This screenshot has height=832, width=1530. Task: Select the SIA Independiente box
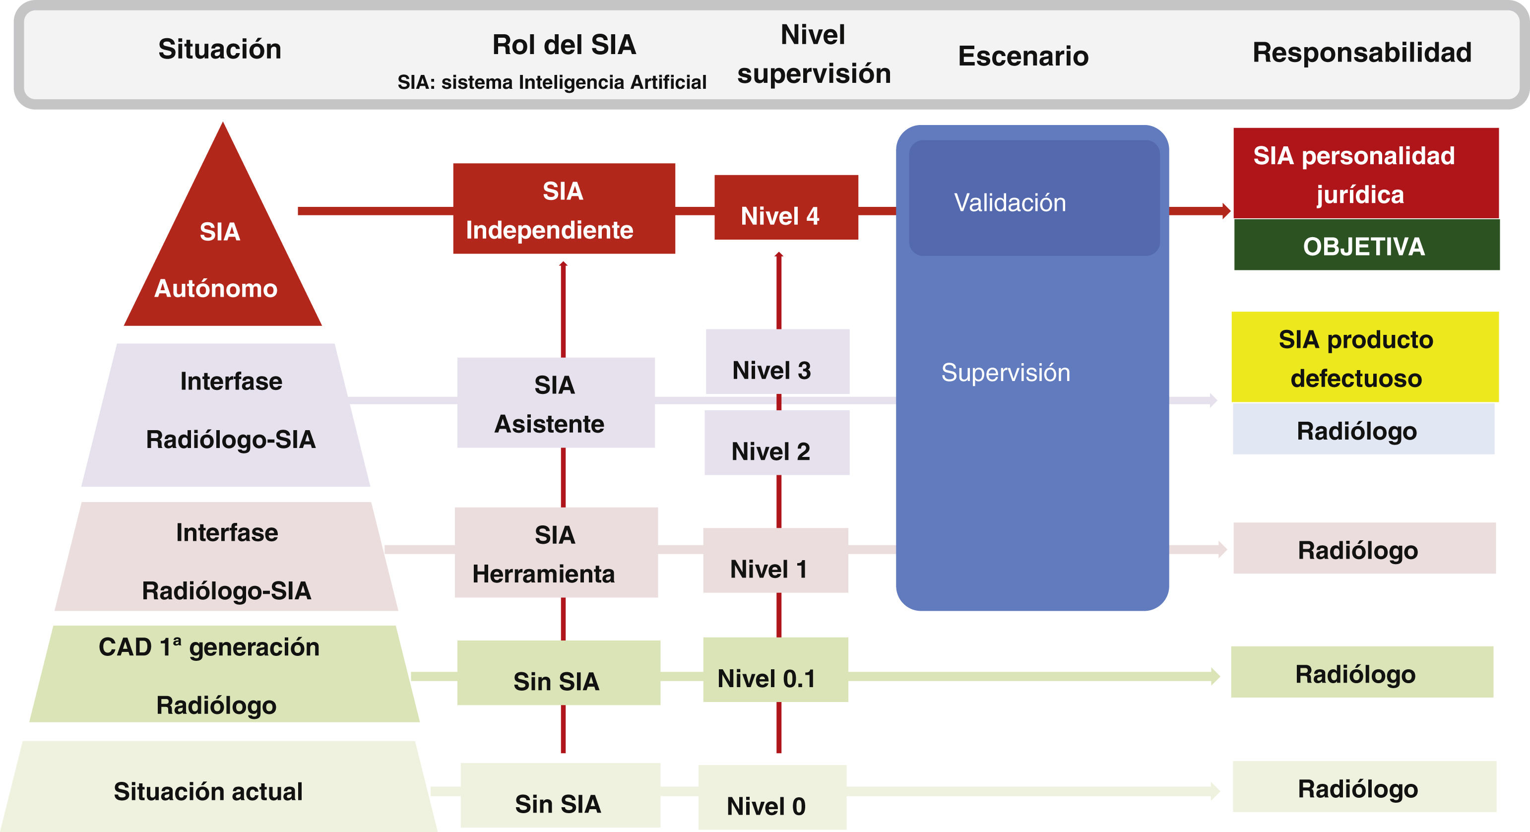[563, 209]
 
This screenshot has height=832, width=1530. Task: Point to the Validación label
[1009, 203]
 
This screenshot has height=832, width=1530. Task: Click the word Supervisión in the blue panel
[1005, 373]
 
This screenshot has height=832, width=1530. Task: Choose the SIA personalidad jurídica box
[1365, 174]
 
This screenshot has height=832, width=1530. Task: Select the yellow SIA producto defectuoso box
[1364, 358]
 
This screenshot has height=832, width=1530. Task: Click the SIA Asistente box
[555, 403]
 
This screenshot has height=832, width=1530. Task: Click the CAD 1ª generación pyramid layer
[223, 675]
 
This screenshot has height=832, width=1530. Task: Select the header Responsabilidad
[1361, 52]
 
